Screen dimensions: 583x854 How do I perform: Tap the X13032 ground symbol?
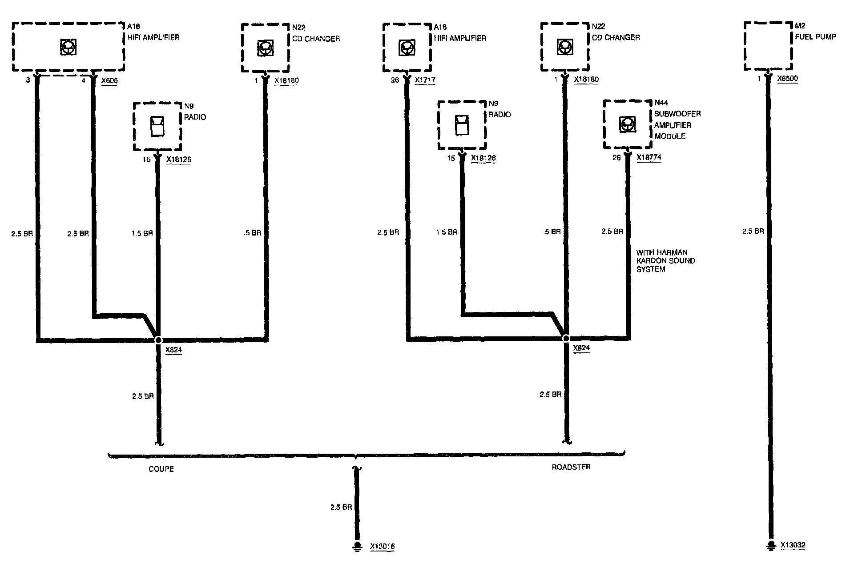770,546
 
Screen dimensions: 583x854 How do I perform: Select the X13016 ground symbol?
356,547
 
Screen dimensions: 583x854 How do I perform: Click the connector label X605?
109,81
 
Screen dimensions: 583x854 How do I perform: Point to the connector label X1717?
424,80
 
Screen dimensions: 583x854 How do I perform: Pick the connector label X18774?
649,157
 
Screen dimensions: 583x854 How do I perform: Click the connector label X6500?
787,79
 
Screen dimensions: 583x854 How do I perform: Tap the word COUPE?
161,469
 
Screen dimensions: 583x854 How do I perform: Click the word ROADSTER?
571,467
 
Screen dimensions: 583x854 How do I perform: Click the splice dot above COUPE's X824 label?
158,340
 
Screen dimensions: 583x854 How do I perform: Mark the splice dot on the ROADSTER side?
566,339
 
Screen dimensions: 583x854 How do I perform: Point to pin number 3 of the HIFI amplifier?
28,80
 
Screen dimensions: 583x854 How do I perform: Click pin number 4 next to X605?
83,81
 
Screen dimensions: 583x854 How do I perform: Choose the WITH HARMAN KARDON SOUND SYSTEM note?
665,261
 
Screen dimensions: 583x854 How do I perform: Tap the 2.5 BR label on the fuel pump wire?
753,231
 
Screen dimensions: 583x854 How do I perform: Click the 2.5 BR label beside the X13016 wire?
341,507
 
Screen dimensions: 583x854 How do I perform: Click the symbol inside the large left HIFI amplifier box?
68,47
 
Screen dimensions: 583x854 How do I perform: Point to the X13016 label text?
382,547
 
